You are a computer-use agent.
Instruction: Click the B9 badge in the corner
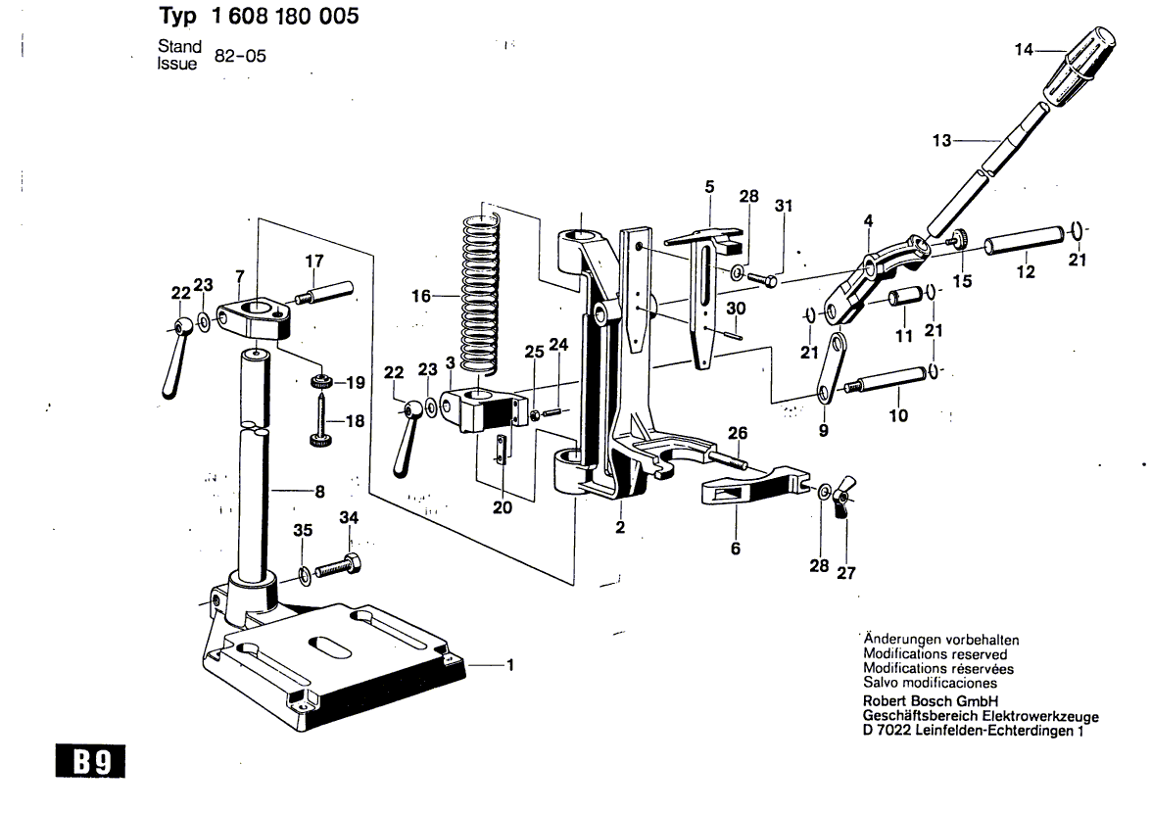90,761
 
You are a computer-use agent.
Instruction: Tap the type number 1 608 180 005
285,16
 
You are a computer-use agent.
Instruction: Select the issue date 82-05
240,57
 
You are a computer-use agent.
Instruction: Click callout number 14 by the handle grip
1024,49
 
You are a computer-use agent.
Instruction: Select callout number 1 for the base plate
510,665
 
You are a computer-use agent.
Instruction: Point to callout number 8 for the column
319,492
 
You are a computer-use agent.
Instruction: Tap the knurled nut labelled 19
320,381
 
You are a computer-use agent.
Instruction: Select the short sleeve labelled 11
904,300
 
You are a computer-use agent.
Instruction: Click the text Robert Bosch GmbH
930,700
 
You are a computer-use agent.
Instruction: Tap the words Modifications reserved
935,653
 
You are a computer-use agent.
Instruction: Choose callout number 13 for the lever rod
941,140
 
